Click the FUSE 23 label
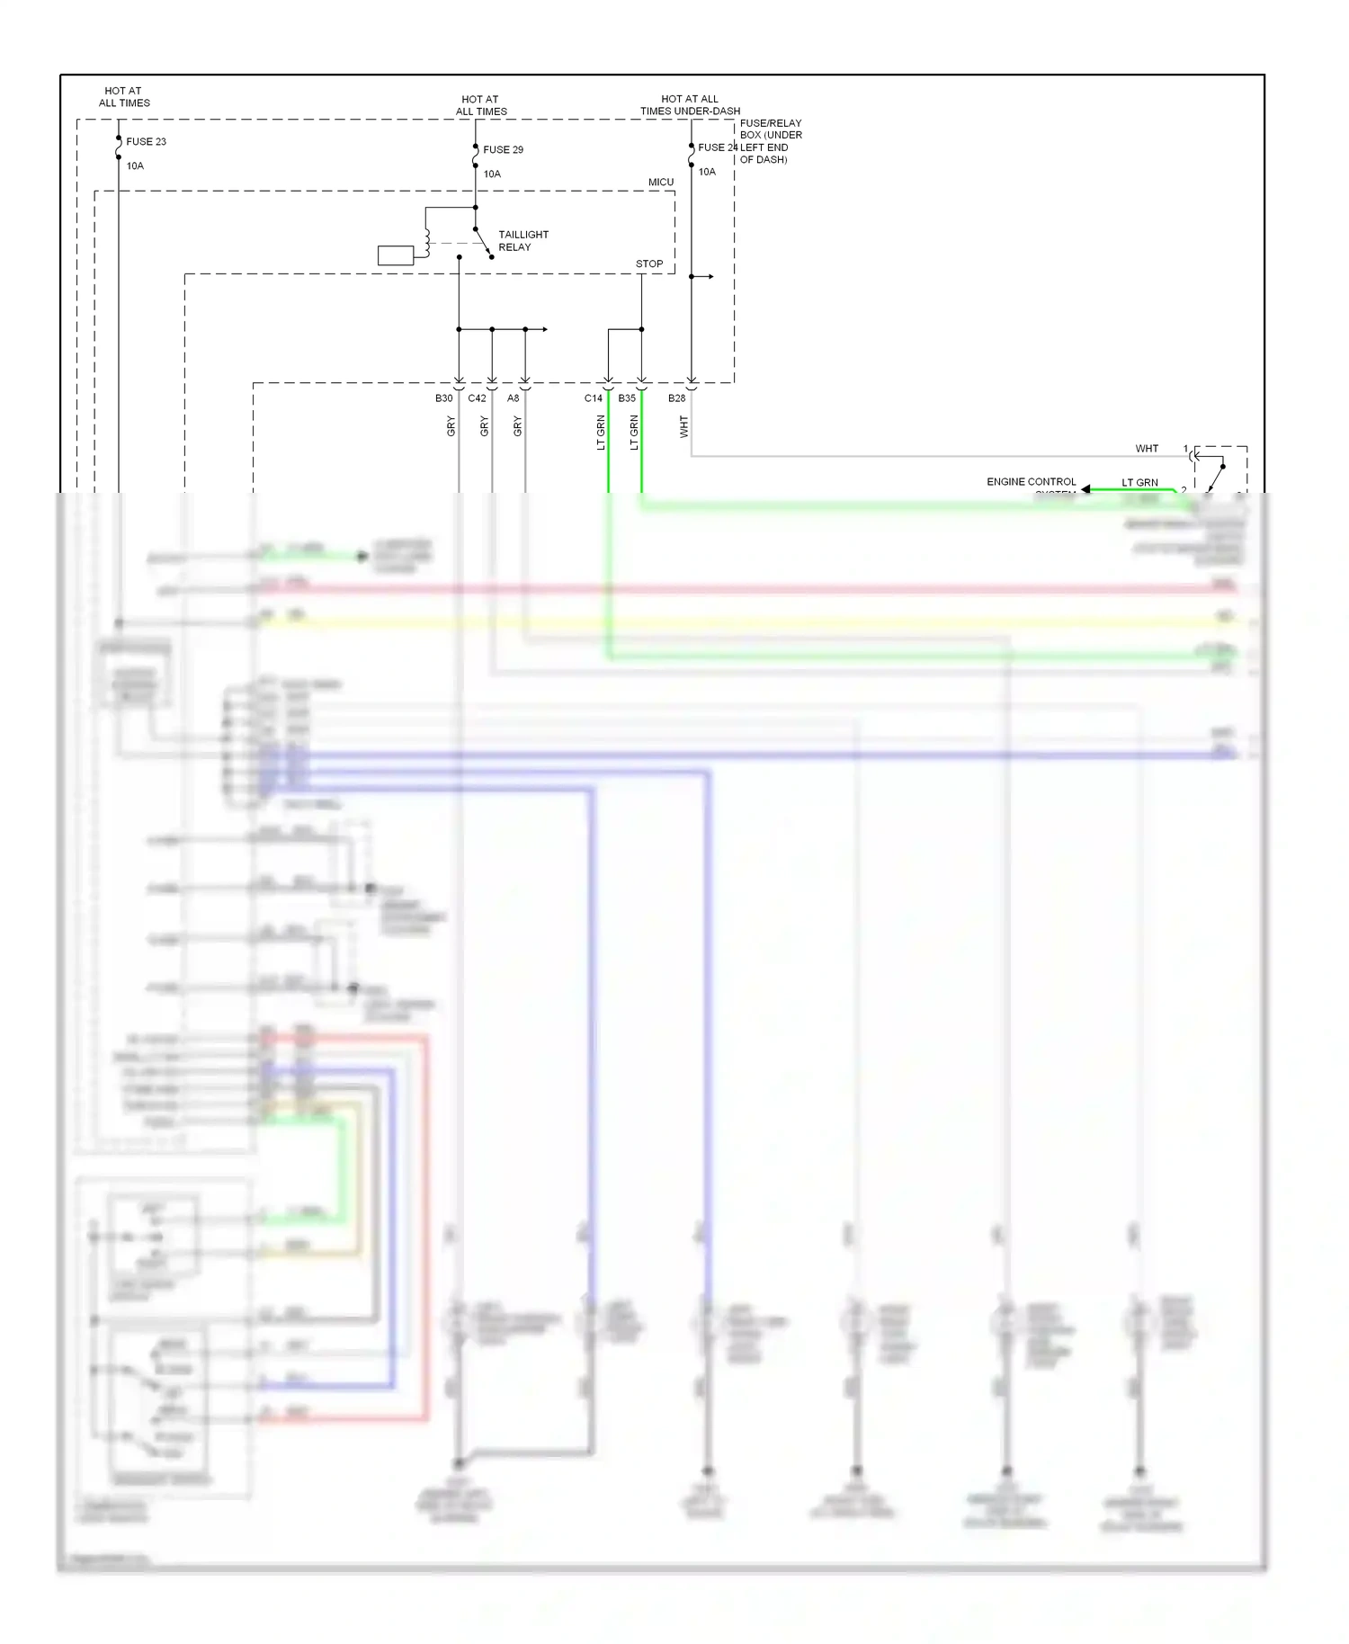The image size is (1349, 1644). tap(146, 141)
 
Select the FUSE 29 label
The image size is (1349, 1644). tap(503, 149)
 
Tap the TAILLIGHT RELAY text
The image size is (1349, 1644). tap(523, 241)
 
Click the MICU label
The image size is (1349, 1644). tap(660, 182)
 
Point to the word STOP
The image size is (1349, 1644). tap(648, 264)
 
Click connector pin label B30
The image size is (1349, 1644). tap(443, 398)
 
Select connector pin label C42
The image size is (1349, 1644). tap(477, 398)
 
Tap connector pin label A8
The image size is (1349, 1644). tap(513, 398)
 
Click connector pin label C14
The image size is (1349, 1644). tap(593, 398)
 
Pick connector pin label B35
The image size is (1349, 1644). tap(626, 398)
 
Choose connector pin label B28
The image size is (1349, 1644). tap(676, 398)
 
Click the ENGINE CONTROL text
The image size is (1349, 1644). tap(1031, 482)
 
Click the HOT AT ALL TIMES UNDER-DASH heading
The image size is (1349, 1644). tap(690, 105)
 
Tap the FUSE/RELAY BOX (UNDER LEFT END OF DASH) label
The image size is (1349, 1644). tap(770, 141)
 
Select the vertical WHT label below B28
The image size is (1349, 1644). tap(683, 426)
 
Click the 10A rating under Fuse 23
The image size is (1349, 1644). tap(135, 165)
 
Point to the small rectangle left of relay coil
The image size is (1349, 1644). tap(396, 255)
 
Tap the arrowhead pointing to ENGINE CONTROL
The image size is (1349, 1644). tap(1085, 489)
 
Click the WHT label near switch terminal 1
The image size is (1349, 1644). tap(1146, 448)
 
